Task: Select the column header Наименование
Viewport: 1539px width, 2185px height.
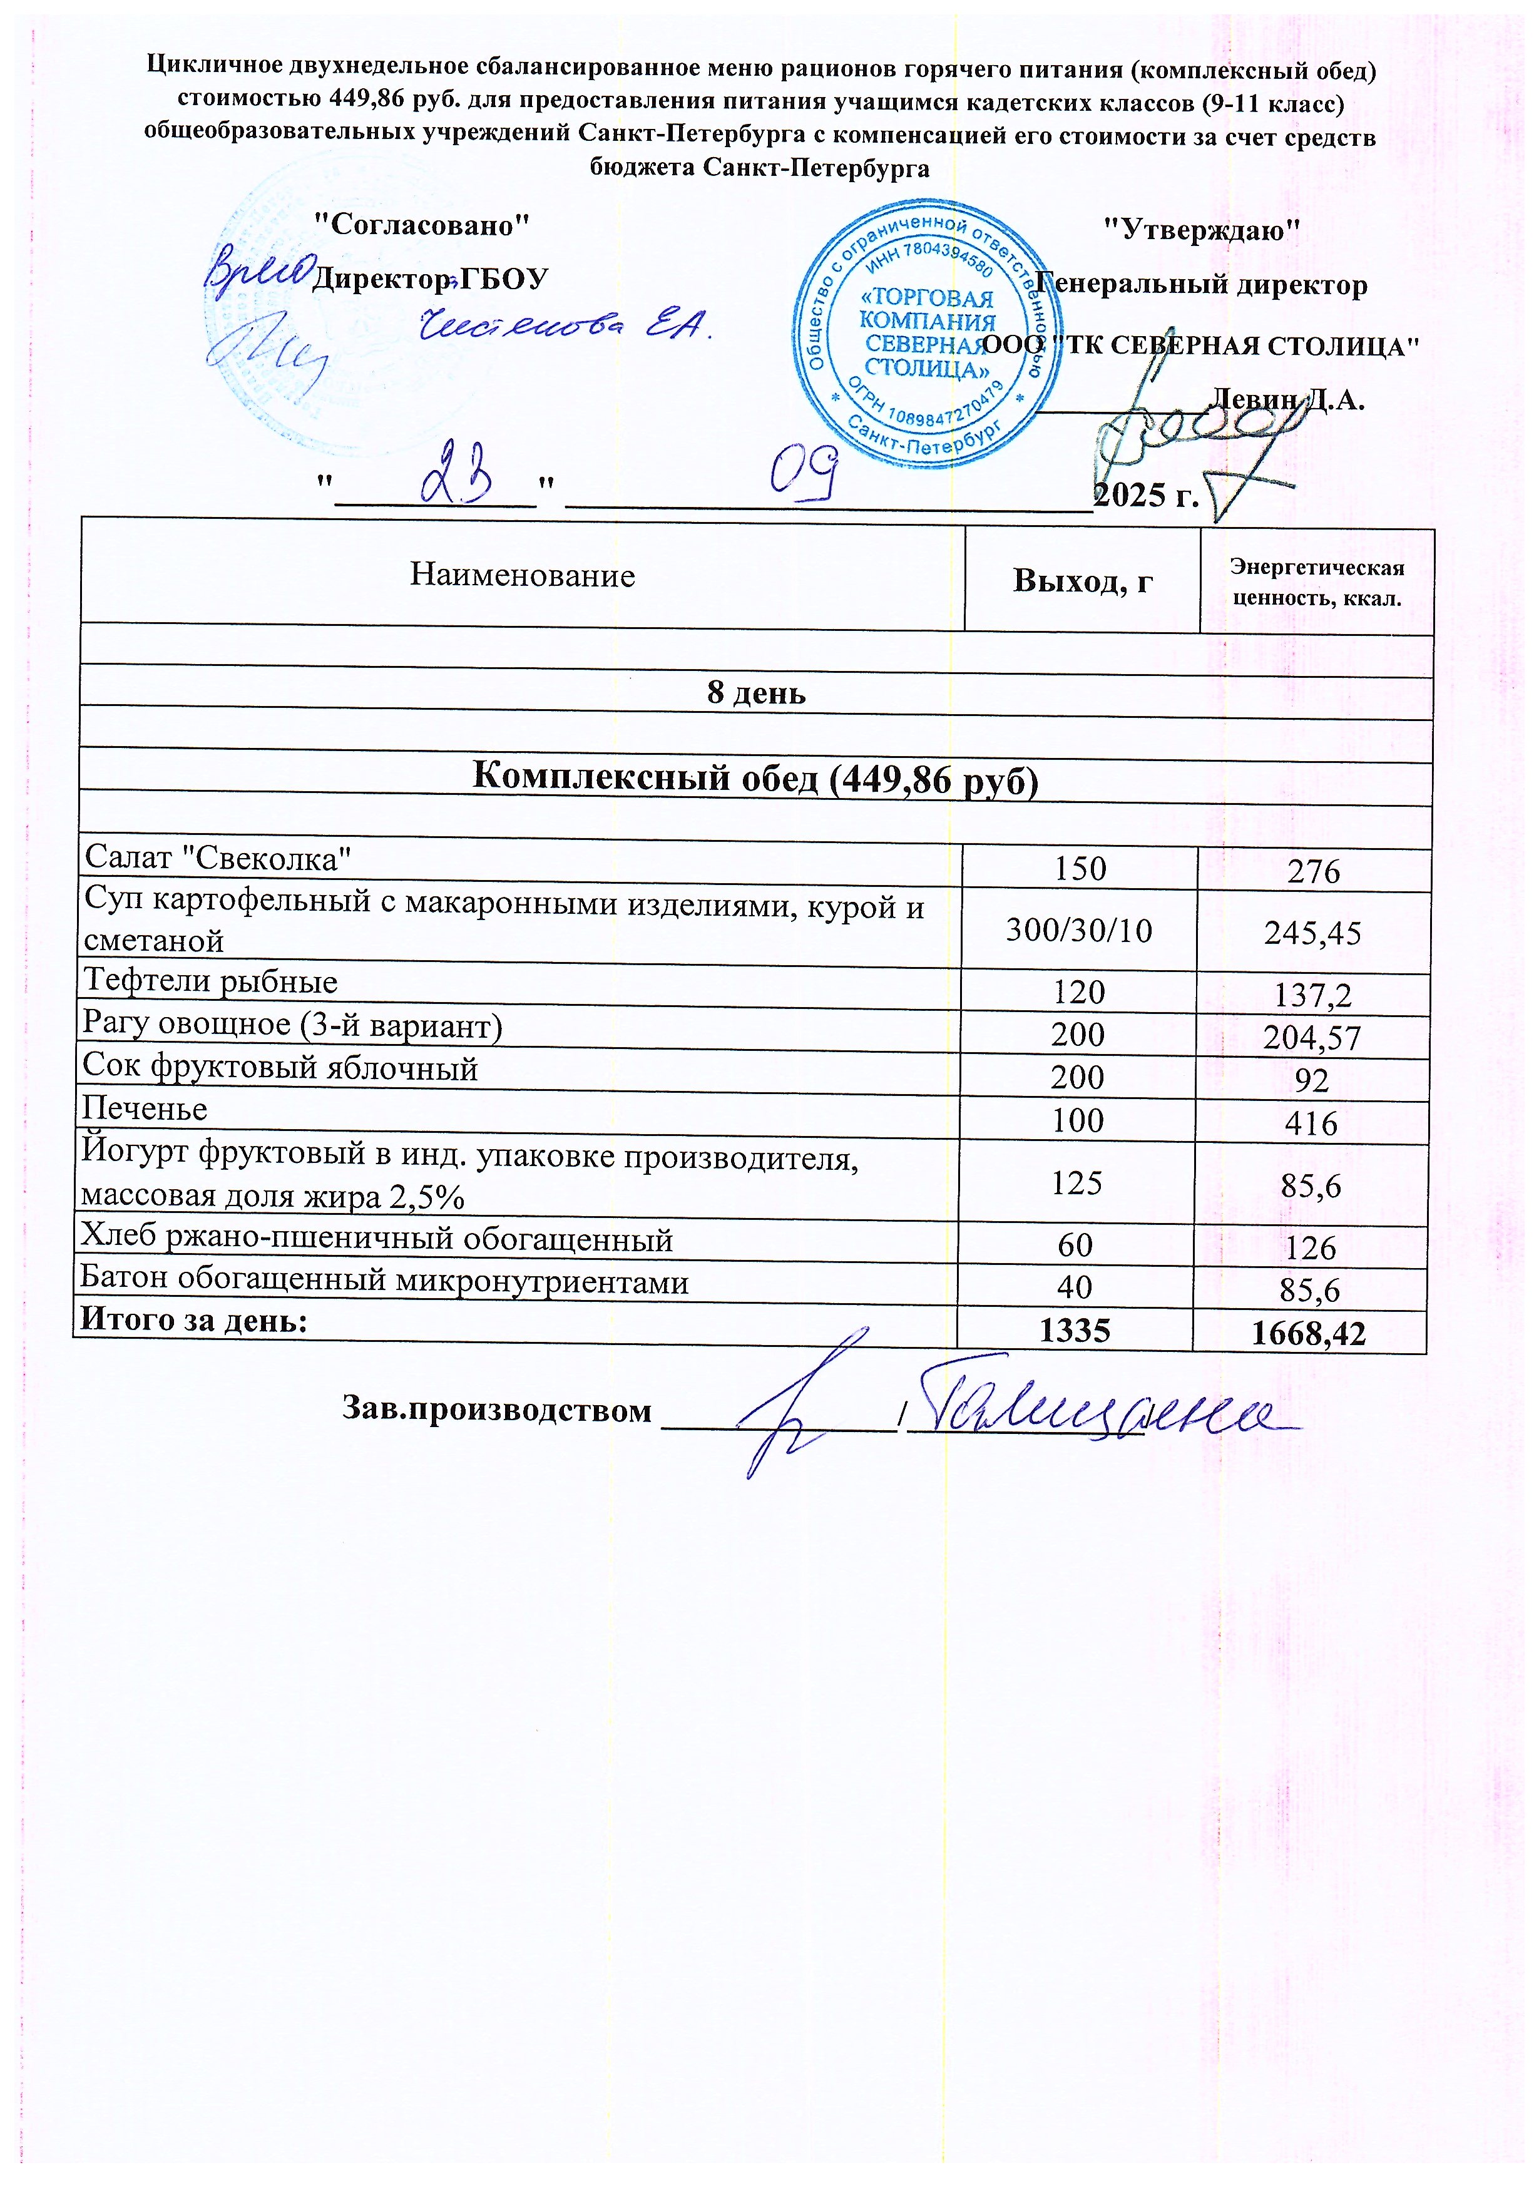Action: click(523, 576)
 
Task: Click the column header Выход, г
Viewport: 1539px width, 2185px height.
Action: click(1082, 580)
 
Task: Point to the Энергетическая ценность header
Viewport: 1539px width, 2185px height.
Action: click(1316, 583)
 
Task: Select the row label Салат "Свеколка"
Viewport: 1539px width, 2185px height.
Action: click(218, 858)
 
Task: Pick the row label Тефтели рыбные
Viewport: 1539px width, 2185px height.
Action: click(210, 982)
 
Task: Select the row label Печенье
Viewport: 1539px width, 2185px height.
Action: click(145, 1108)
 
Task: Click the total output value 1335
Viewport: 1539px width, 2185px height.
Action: click(1075, 1329)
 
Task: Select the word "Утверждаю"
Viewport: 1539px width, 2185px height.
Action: click(1201, 229)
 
